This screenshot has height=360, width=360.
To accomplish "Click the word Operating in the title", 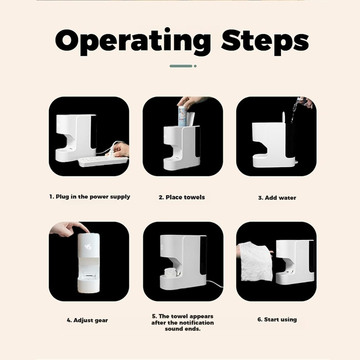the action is (133, 41).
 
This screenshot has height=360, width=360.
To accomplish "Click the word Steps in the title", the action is (265, 41).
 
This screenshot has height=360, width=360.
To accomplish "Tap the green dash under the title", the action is (181, 66).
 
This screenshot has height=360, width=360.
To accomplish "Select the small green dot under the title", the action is (195, 66).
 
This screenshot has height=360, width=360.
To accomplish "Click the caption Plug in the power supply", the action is (90, 197).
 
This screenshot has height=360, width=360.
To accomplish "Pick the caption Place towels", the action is (182, 198).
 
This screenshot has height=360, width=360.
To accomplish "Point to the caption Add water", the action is (277, 198).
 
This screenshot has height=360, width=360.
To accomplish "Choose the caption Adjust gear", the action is (87, 320).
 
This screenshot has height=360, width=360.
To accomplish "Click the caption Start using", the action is (277, 319).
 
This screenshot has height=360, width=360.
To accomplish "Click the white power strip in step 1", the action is (103, 162).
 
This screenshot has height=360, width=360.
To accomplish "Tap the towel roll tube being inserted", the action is (184, 116).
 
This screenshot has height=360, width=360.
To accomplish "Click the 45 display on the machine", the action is (88, 247).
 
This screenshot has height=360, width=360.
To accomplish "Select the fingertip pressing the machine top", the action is (87, 231).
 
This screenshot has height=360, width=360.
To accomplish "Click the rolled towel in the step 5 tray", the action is (170, 273).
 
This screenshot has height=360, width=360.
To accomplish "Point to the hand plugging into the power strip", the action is (120, 150).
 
